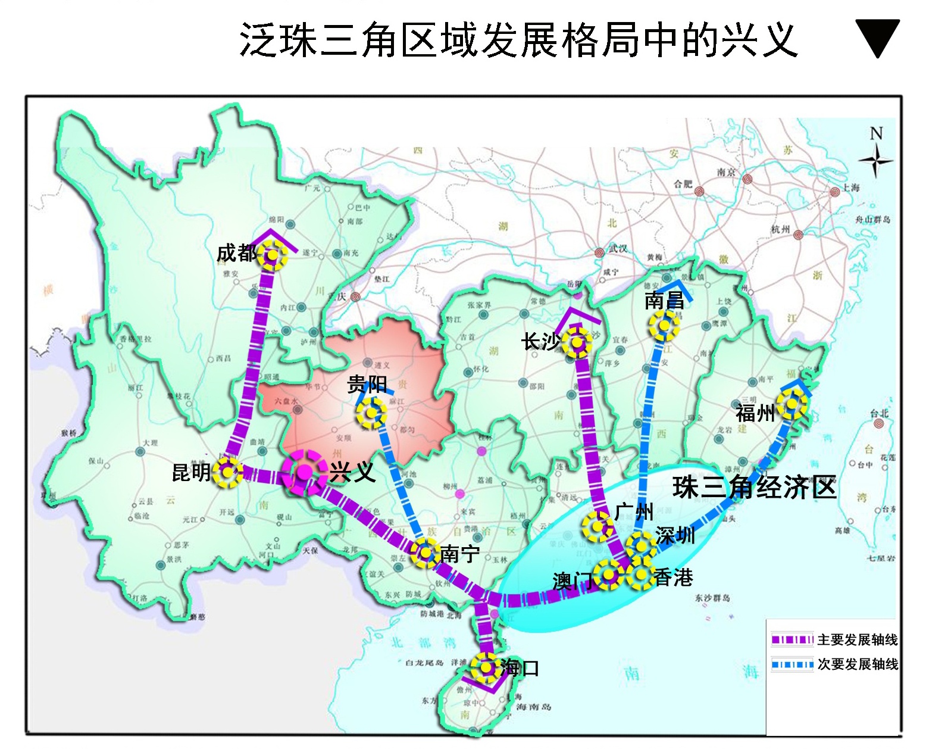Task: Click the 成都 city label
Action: point(236,254)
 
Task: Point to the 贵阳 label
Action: point(367,385)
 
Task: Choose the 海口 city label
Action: point(519,668)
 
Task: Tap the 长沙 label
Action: point(540,342)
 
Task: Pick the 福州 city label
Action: point(755,413)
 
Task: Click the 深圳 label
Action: point(675,536)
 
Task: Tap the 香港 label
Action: point(673,577)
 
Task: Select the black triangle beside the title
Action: point(877,36)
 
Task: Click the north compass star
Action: point(875,160)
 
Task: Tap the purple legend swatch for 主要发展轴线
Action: point(792,640)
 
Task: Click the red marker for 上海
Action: point(835,192)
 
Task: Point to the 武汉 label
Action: point(618,249)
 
